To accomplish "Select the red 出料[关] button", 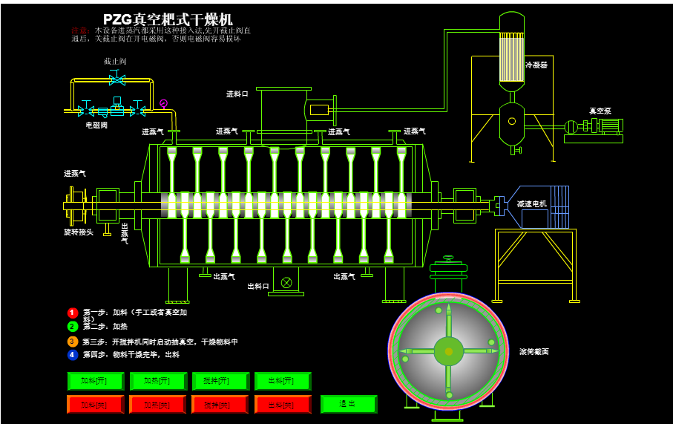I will (x=282, y=405).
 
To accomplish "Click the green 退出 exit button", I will (x=348, y=404).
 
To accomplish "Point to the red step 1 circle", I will (x=73, y=313).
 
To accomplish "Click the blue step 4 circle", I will (x=73, y=355).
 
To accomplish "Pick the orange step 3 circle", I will (x=73, y=342).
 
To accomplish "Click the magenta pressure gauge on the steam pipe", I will (x=163, y=103).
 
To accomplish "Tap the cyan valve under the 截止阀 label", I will (x=116, y=79).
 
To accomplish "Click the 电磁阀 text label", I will (x=96, y=125).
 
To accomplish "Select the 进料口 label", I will (x=237, y=94).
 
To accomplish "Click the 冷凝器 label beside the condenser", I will (x=536, y=65).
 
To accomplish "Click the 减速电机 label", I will (x=531, y=203).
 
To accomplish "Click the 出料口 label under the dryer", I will (x=258, y=287).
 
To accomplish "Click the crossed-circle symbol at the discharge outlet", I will (x=286, y=282).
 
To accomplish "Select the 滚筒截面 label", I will (x=534, y=351).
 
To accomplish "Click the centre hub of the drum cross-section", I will (x=448, y=351).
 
